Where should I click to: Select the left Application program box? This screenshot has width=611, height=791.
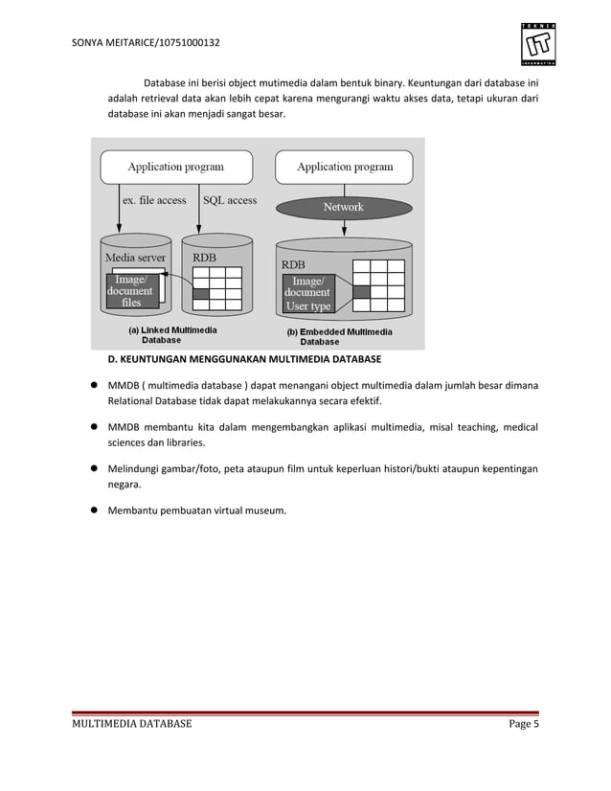point(176,167)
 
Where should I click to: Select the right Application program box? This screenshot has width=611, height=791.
point(345,167)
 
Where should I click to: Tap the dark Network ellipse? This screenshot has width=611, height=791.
point(343,207)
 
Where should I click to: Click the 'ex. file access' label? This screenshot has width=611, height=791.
point(154,200)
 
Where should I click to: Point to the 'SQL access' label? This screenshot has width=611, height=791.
point(229,200)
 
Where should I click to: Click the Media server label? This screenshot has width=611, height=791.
point(135,258)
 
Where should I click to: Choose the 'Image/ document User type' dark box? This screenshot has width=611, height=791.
point(307,293)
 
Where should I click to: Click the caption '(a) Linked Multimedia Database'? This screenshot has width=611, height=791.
point(172,334)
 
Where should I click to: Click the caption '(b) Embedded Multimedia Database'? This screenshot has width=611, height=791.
point(340,336)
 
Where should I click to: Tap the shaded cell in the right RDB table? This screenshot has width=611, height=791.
point(361,292)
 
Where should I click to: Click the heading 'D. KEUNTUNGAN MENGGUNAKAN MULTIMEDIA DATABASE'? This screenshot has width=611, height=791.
point(243,360)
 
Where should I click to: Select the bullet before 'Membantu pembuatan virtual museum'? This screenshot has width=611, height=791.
point(96,510)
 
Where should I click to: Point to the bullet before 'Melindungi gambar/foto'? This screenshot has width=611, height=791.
point(96,469)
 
